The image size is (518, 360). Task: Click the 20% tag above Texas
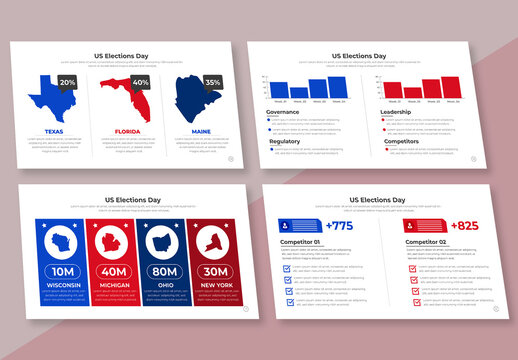68,82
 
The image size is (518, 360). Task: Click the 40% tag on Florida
141,82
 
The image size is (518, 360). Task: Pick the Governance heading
284,112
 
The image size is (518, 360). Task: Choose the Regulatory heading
284,141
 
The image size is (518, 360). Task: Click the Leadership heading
396,112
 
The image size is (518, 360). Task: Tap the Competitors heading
400,141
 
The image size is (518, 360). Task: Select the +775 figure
339,226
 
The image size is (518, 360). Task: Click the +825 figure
464,226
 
